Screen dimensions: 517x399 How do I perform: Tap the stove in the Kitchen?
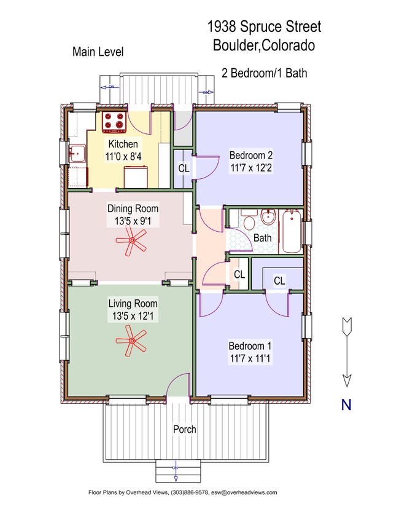coord(114,122)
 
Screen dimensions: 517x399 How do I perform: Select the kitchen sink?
coord(77,154)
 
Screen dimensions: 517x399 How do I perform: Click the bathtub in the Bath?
coord(290,231)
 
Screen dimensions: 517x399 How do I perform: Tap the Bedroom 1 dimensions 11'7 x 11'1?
coord(250,356)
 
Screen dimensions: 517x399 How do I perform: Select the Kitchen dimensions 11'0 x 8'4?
coord(123,156)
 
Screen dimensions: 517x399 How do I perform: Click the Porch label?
coord(184,429)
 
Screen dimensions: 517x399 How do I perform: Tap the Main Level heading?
coord(98,52)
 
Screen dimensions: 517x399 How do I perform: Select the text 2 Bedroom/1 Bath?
coord(265,73)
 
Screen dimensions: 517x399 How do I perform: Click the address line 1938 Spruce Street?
coord(265,27)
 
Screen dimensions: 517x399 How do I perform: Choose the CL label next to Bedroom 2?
coord(184,168)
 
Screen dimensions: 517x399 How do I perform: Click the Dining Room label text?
coord(133,208)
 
